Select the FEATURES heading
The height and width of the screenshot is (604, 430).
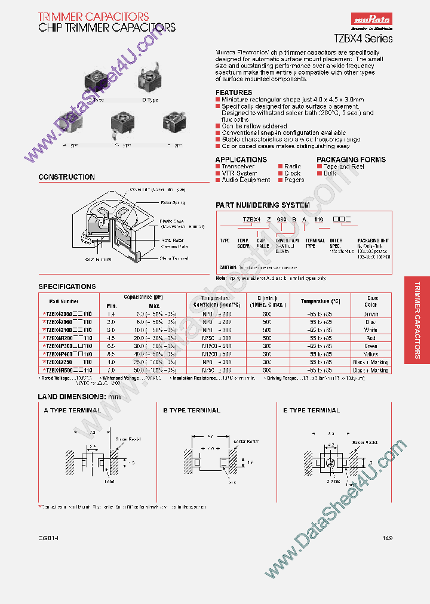pyautogui.click(x=234, y=93)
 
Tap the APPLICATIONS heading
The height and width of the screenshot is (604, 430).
pyautogui.click(x=241, y=159)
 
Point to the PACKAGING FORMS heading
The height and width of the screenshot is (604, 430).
pyautogui.click(x=351, y=159)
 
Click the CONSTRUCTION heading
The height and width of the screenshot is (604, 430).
pyautogui.click(x=66, y=177)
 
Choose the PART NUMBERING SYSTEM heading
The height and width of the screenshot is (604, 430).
pyautogui.click(x=262, y=205)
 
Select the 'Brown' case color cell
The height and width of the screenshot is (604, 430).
pyautogui.click(x=371, y=314)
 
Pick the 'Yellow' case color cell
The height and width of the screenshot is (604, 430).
pyautogui.click(x=371, y=354)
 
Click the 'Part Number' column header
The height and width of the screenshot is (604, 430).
pyautogui.click(x=64, y=301)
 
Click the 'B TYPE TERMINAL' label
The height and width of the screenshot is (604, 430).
pyautogui.click(x=192, y=410)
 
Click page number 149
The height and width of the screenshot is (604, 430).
pyautogui.click(x=387, y=538)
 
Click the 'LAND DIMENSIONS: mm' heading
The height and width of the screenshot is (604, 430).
pyautogui.click(x=79, y=397)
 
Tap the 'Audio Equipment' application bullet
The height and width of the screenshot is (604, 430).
pyautogui.click(x=246, y=180)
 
